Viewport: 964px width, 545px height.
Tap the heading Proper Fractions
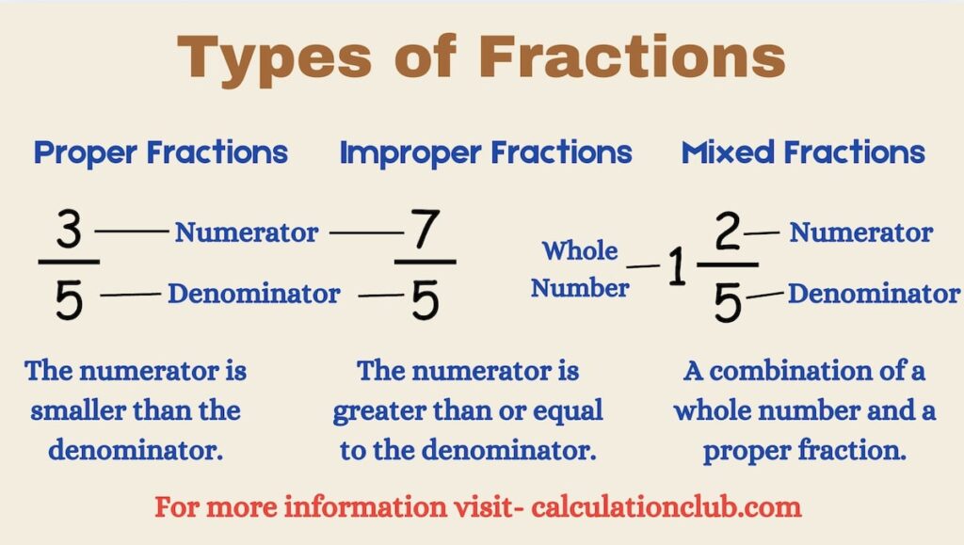point(161,152)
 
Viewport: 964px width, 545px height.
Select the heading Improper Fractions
point(485,152)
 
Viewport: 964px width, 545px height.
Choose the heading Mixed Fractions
point(803,152)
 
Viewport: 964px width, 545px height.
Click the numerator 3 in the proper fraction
point(69,232)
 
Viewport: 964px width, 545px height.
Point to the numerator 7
point(425,232)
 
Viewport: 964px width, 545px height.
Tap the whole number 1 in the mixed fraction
point(676,269)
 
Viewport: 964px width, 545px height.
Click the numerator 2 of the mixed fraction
point(729,234)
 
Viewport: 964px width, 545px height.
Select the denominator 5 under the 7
point(426,299)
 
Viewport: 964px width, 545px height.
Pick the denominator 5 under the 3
point(69,299)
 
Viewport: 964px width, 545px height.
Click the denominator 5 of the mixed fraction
point(727,302)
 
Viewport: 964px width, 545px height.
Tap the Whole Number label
point(580,269)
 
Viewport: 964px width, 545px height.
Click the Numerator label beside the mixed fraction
point(861,232)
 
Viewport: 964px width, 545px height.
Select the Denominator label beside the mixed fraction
point(874,294)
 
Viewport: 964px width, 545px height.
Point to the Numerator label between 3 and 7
point(247,232)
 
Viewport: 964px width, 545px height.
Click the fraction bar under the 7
point(425,262)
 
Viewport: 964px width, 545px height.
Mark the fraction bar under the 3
point(69,262)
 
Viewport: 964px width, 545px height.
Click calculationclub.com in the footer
point(667,507)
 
